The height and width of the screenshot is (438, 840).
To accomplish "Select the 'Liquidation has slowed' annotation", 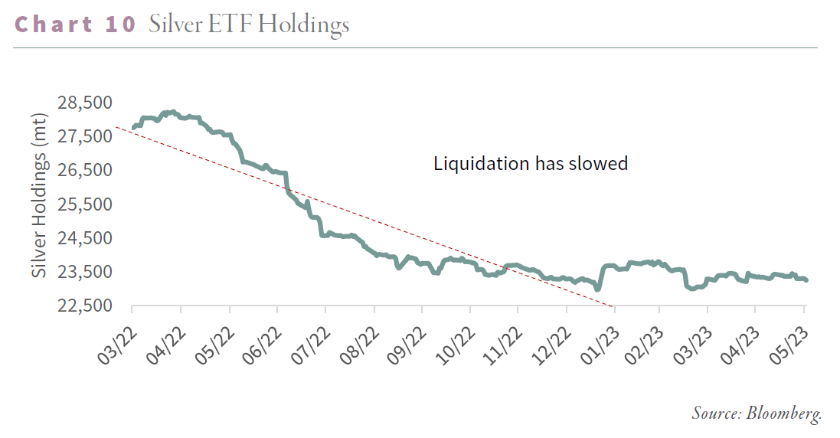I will (x=531, y=163).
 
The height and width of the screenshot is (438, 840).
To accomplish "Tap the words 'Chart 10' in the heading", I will (x=75, y=25).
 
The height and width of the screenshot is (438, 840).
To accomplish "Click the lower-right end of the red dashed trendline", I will (x=613, y=306).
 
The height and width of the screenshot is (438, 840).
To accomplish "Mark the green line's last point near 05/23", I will (x=806, y=280).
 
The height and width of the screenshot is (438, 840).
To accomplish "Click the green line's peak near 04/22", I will (x=173, y=112).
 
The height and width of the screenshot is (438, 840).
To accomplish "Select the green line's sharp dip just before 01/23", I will (x=597, y=289).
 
